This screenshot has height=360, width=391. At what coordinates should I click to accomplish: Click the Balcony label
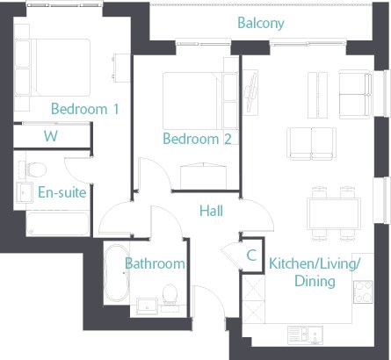(x=261, y=23)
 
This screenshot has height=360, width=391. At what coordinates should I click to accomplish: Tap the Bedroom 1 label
(x=85, y=109)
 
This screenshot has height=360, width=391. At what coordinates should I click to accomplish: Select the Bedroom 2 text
(x=197, y=139)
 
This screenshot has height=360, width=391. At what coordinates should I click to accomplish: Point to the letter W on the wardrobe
(x=51, y=136)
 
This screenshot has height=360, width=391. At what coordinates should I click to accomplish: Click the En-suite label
(x=62, y=192)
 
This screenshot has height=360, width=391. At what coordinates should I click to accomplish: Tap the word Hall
(x=211, y=211)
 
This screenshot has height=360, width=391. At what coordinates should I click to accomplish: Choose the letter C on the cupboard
(x=251, y=256)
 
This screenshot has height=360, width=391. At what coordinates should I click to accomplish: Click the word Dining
(x=315, y=281)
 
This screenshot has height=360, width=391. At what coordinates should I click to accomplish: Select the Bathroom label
(x=155, y=263)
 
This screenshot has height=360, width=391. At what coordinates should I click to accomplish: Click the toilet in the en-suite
(x=33, y=169)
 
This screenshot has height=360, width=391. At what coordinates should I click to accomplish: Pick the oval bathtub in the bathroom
(x=117, y=273)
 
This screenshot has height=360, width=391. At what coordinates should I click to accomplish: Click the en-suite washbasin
(x=25, y=192)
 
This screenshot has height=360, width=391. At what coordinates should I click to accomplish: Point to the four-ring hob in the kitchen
(x=363, y=292)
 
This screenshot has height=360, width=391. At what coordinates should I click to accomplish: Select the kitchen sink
(x=306, y=335)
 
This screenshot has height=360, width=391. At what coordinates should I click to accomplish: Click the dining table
(x=334, y=213)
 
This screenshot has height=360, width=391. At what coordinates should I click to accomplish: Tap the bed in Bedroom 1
(x=52, y=68)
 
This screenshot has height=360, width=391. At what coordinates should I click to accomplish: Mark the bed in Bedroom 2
(x=200, y=101)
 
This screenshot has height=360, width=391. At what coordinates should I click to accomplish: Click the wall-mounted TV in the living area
(x=250, y=92)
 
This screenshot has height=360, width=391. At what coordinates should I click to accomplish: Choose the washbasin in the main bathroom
(x=148, y=306)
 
